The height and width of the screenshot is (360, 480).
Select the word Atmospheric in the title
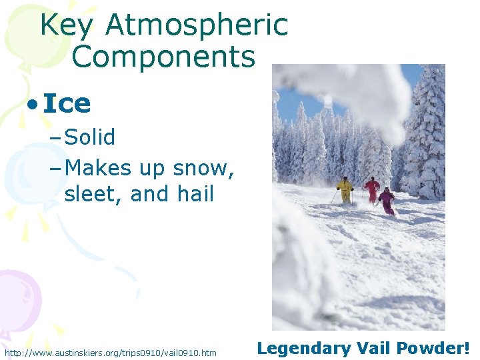pyautogui.click(x=197, y=25)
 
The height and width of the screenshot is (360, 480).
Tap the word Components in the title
pyautogui.click(x=163, y=57)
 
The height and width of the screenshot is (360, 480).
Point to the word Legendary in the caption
pyautogui.click(x=300, y=348)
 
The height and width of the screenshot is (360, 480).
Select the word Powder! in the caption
pyautogui.click(x=433, y=347)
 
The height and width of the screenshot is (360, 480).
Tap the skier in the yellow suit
pyautogui.click(x=345, y=190)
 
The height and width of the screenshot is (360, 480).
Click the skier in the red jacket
pyautogui.click(x=372, y=189)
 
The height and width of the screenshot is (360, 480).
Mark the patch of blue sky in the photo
pyautogui.click(x=300, y=100)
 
